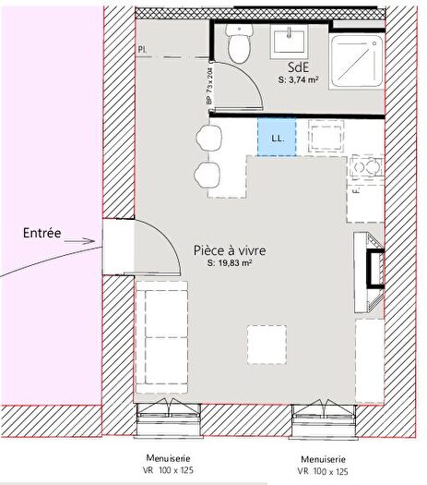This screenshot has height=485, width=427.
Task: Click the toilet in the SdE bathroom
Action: [x=240, y=43]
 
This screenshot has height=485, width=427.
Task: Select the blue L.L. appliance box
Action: [x=275, y=138]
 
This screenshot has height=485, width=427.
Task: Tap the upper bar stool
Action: [x=208, y=139]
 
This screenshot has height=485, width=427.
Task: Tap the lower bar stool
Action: [x=208, y=176]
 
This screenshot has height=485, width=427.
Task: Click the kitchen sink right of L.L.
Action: [x=325, y=138]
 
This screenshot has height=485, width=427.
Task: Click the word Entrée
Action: [x=42, y=234]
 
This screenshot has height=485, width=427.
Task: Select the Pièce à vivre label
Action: [x=226, y=249]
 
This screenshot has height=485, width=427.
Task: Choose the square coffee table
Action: [x=266, y=346]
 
